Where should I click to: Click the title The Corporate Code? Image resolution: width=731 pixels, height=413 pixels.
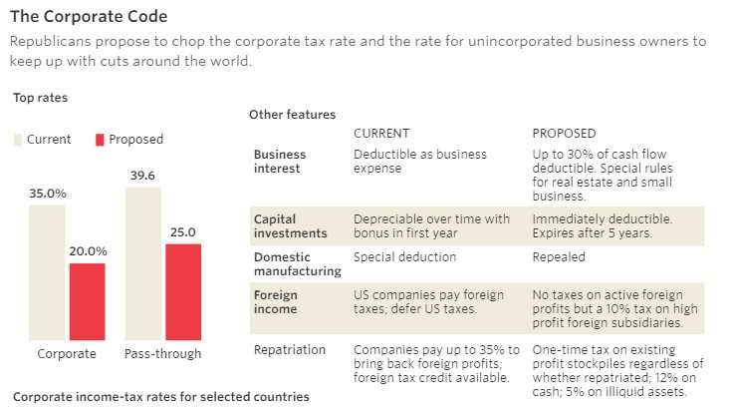88,17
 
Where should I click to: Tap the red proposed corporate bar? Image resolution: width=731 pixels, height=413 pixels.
87,301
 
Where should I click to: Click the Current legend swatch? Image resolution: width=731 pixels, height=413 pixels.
17,140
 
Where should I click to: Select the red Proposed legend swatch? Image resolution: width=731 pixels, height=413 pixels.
100,140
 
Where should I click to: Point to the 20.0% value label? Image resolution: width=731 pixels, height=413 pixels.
88,251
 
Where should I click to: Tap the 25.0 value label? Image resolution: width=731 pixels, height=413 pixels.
183,232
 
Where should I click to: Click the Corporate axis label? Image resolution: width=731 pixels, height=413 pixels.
67,354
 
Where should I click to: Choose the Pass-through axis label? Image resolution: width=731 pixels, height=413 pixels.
162,354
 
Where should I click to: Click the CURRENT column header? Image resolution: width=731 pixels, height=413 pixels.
381,134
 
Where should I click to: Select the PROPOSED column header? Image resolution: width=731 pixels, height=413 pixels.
565,134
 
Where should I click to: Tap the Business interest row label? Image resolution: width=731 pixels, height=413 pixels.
280,162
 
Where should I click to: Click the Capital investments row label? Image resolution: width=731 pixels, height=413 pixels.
290,225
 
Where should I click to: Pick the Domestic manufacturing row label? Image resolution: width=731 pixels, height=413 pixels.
297,263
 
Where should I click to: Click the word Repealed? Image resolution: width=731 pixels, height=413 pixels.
559,257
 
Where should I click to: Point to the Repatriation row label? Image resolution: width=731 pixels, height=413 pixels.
291,350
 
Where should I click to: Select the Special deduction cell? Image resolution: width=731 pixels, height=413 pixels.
405,257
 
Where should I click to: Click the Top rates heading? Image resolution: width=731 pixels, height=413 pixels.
40,98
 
